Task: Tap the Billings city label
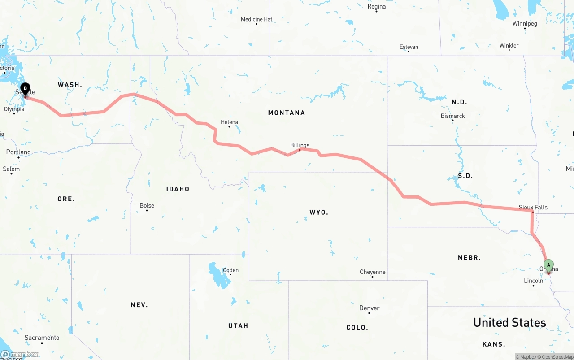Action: point(300,145)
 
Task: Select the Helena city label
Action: point(230,122)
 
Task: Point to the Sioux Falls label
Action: point(533,208)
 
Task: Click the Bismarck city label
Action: point(452,116)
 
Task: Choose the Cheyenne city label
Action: point(372,272)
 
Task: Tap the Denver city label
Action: point(369,308)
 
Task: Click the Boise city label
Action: point(147,206)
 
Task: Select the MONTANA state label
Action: point(286,113)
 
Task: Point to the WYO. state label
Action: point(318,212)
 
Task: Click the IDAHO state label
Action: point(178,189)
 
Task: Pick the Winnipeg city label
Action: point(524,24)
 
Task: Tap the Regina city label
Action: point(376,7)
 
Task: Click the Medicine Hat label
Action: point(256,19)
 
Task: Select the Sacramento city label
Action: point(42,338)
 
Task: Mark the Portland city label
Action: point(18,152)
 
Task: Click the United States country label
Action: point(509,322)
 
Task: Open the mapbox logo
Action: point(20,355)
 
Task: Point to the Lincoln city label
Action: point(533,281)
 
